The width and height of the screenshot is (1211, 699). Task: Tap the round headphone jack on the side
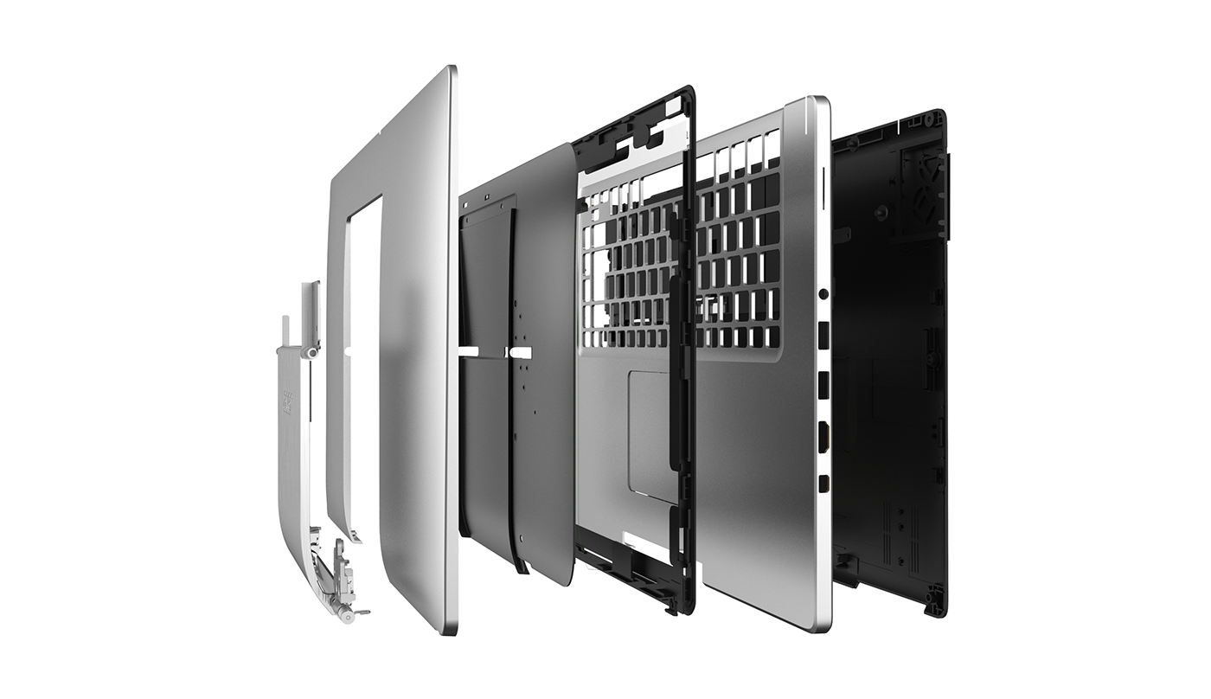(x=823, y=295)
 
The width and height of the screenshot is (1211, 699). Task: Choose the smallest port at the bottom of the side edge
(x=823, y=483)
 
